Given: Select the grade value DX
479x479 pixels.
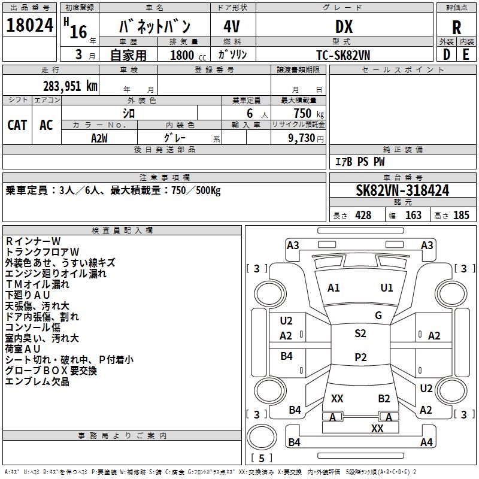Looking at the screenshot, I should coord(344,26).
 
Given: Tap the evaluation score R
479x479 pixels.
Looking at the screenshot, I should coord(456,28).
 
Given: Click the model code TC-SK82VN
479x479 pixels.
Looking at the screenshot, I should coord(343,54).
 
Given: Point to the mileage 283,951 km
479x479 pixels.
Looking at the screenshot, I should coord(70,86).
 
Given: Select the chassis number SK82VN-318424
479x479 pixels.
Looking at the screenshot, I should coord(402,190).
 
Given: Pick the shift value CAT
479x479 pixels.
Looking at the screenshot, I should coord(17,125).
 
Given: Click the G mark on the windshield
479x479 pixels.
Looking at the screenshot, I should coord(378,316).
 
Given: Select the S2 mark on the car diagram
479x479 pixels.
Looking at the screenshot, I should coord(360,334).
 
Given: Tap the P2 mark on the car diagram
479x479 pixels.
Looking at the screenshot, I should coord(360,357).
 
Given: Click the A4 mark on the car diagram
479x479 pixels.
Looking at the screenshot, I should coord(426,442).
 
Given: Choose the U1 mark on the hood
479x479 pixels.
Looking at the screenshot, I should coord(387,288).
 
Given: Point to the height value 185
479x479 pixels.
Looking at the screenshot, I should coord(461,216).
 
